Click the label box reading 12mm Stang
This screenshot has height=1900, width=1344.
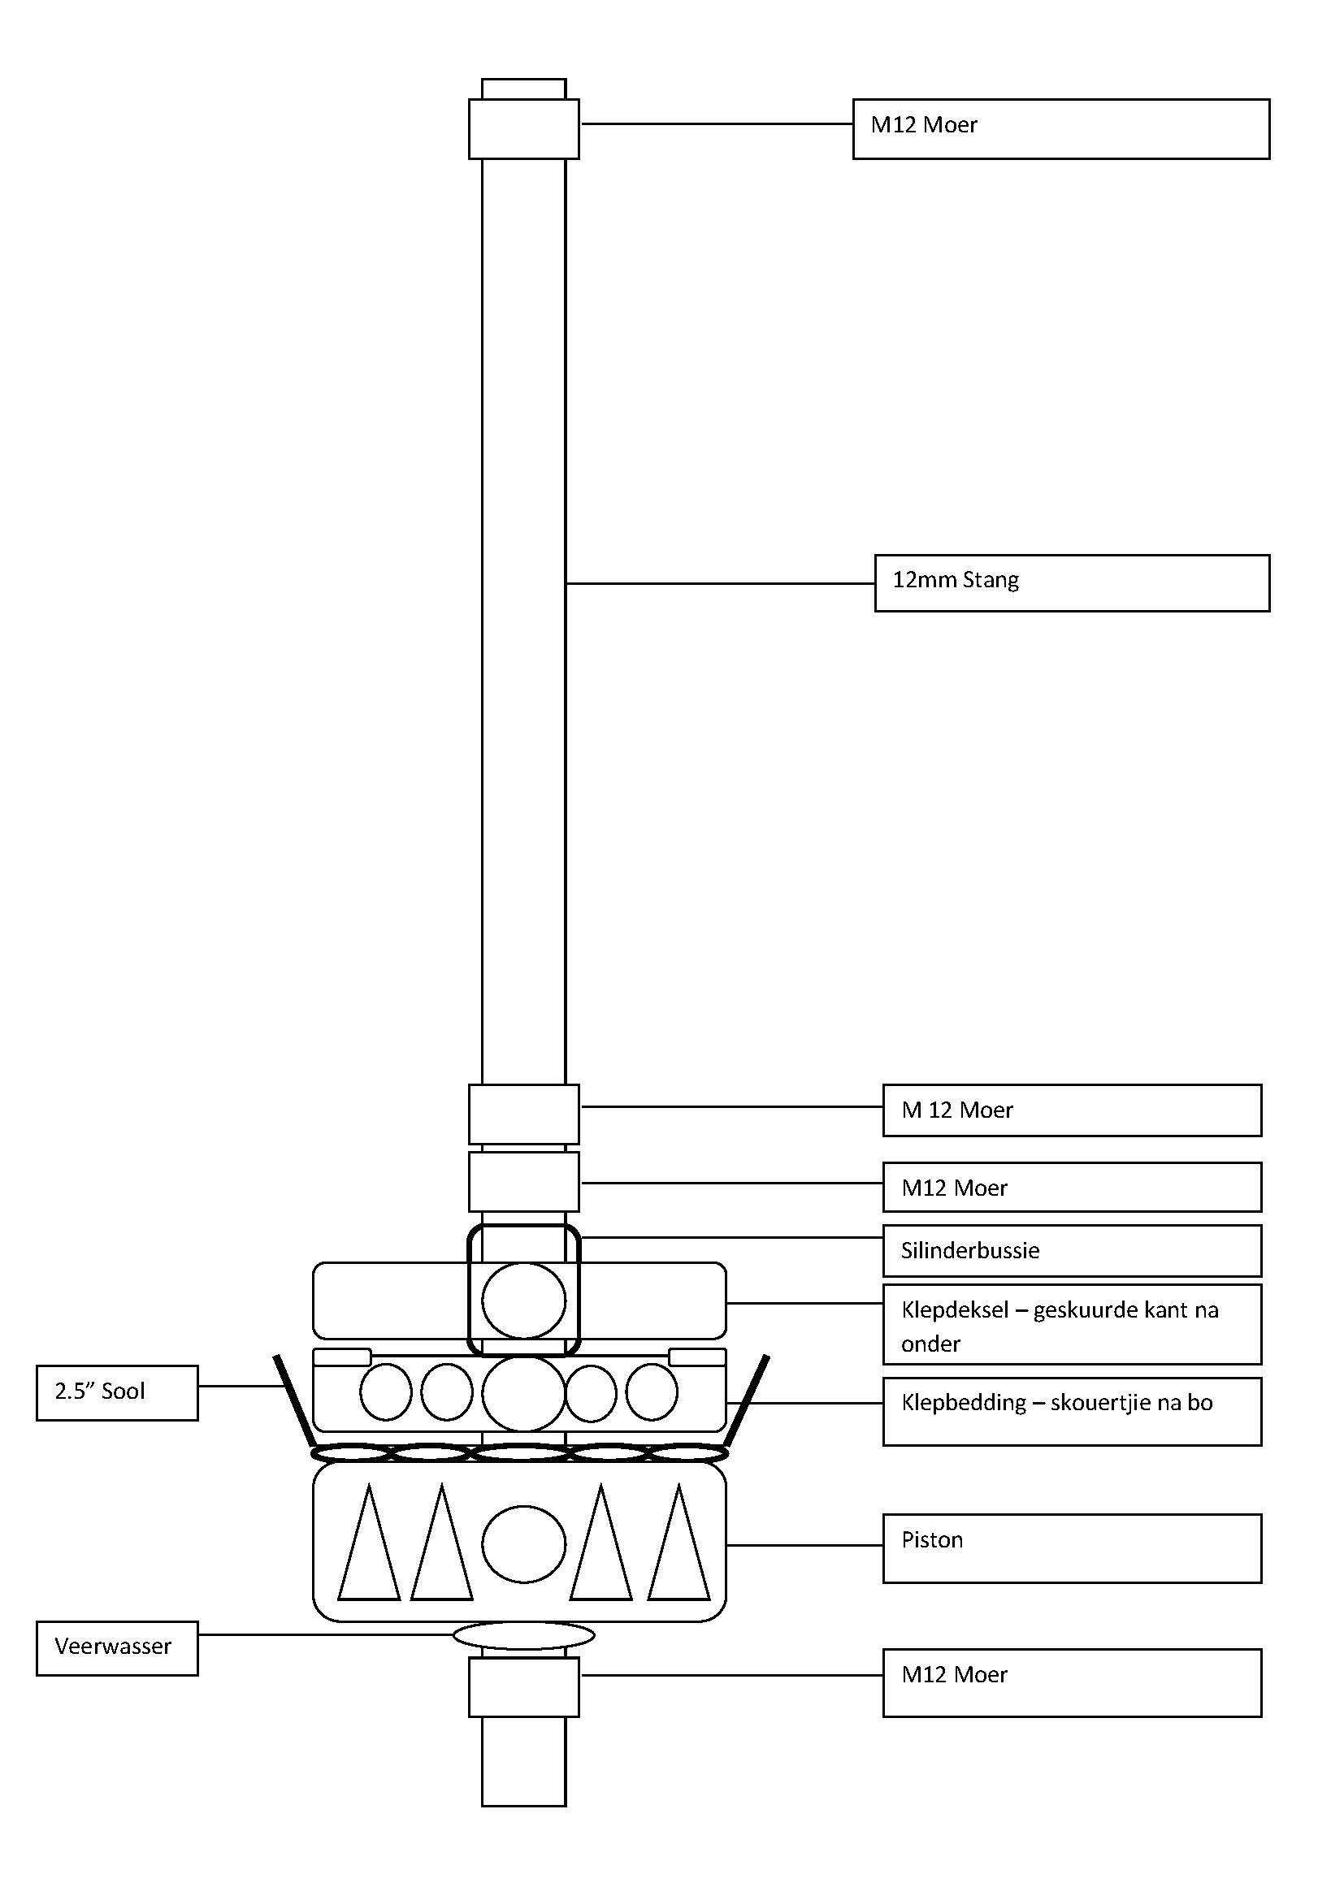click(1071, 582)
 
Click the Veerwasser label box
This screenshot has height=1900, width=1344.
click(117, 1647)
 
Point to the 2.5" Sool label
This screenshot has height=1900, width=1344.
click(117, 1392)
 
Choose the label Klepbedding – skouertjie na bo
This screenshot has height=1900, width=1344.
click(1057, 1402)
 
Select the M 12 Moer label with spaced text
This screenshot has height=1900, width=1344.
click(957, 1110)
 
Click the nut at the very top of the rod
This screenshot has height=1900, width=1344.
click(523, 128)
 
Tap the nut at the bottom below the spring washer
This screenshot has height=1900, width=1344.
click(523, 1686)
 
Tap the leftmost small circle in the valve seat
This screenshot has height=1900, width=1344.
click(386, 1392)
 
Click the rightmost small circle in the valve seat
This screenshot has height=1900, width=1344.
click(652, 1392)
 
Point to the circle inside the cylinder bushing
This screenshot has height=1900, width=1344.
click(523, 1300)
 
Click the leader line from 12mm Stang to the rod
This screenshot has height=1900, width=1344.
click(720, 583)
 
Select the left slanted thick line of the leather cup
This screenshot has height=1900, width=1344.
click(294, 1398)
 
